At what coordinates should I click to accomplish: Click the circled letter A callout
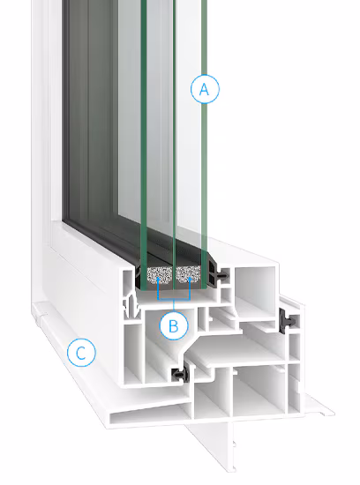click(x=205, y=89)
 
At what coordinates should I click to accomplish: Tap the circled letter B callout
click(x=174, y=326)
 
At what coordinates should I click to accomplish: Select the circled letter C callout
click(x=81, y=353)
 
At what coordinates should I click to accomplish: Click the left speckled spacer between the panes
click(x=159, y=276)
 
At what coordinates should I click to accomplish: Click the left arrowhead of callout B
click(x=158, y=280)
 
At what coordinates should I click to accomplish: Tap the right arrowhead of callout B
click(x=190, y=280)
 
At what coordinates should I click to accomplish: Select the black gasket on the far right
click(x=287, y=321)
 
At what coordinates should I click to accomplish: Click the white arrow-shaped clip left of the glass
click(x=131, y=307)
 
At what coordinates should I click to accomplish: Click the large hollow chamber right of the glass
click(x=254, y=294)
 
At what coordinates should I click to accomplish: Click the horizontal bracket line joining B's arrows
click(x=174, y=300)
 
